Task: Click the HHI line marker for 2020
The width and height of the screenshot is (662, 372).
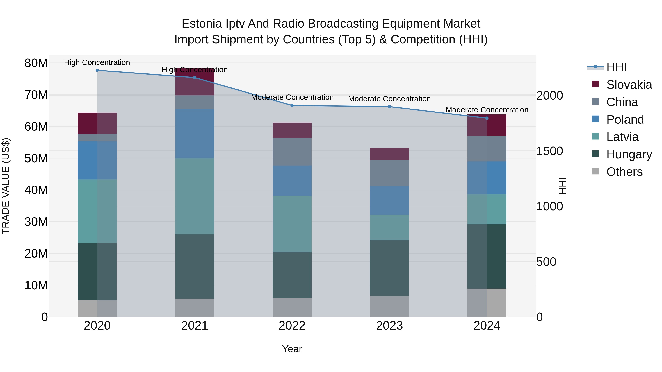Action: coord(97,70)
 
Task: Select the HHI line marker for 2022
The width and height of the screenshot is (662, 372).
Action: coord(292,105)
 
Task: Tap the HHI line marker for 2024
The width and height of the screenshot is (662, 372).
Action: coord(487,118)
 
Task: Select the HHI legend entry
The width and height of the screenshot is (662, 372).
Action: coord(616,67)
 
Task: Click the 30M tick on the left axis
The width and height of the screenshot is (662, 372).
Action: coord(36,222)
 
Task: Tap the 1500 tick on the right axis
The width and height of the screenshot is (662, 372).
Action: coord(549,151)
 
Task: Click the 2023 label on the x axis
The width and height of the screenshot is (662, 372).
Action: coord(389,326)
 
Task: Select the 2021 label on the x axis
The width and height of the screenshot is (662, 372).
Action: coord(195,326)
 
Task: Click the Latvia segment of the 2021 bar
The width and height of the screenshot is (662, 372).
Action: coord(195,196)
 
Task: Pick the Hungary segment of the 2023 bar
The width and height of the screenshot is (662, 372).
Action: coord(389,268)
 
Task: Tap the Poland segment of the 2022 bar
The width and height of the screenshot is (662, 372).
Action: coord(292,181)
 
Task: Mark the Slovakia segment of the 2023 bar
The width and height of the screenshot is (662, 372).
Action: coord(389,154)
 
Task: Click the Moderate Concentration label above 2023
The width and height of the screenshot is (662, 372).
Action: coord(389,99)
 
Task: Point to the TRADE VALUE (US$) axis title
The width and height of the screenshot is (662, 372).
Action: coord(6,186)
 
